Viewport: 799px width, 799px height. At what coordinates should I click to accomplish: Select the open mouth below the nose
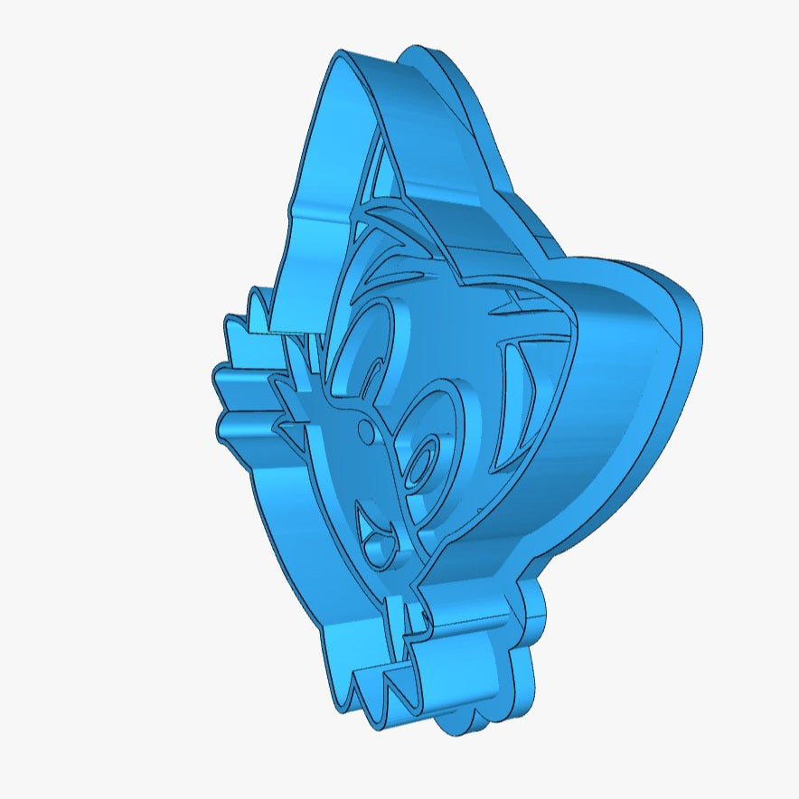373,533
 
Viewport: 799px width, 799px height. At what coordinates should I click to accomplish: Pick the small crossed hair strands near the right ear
506,303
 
